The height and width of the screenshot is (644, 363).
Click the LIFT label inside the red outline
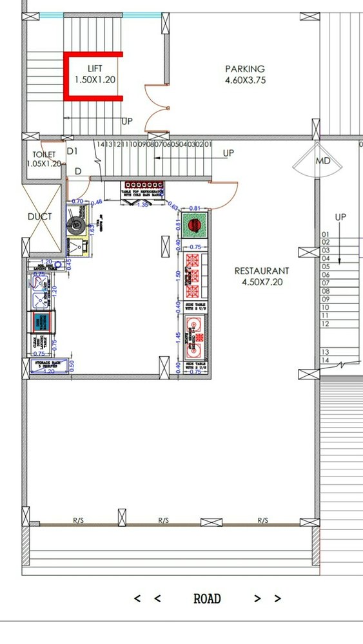(x=95, y=68)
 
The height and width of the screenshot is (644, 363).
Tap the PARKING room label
(x=244, y=69)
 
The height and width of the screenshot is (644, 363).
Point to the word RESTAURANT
(x=261, y=271)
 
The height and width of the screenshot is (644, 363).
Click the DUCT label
(x=40, y=217)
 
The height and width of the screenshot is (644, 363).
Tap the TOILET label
(x=44, y=155)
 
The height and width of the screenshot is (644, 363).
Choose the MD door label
(x=322, y=161)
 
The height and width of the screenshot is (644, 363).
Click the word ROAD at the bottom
(x=207, y=599)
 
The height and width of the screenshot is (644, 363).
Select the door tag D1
(x=72, y=151)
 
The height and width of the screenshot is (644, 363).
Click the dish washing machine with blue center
(x=42, y=321)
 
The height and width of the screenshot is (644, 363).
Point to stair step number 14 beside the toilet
(x=101, y=144)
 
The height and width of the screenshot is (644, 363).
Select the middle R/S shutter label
(x=164, y=520)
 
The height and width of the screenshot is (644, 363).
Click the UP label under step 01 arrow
(x=228, y=153)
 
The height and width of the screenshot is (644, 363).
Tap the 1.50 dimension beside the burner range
(x=177, y=273)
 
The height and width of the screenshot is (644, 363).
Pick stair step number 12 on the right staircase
(x=325, y=324)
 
